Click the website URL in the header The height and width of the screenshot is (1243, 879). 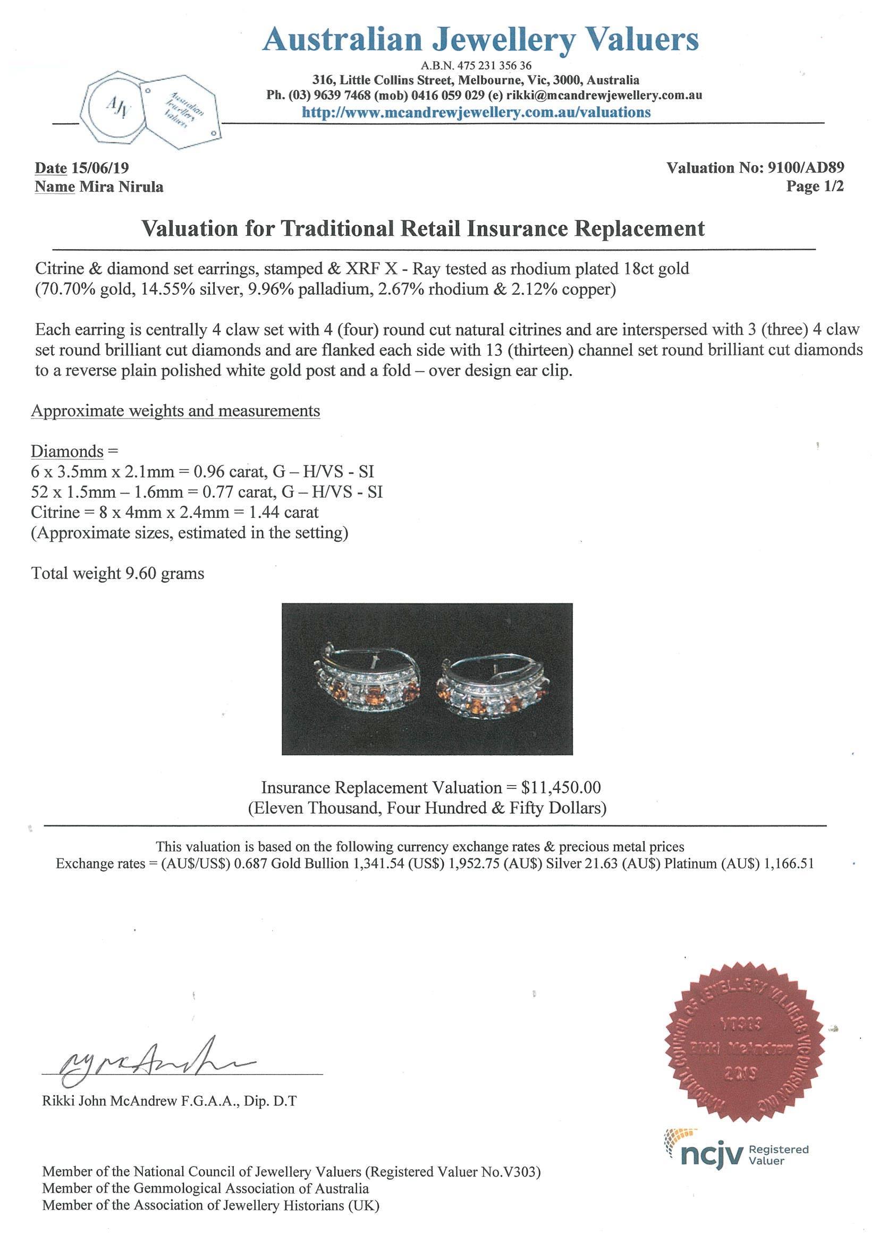[476, 112]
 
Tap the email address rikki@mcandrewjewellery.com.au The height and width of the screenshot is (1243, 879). [604, 95]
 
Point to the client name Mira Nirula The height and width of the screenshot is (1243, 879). [121, 187]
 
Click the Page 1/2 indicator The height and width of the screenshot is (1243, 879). [815, 187]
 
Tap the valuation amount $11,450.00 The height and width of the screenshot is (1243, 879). [561, 787]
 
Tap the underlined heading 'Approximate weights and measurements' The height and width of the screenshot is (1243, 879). [175, 411]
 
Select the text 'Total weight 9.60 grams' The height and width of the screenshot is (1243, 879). [117, 573]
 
